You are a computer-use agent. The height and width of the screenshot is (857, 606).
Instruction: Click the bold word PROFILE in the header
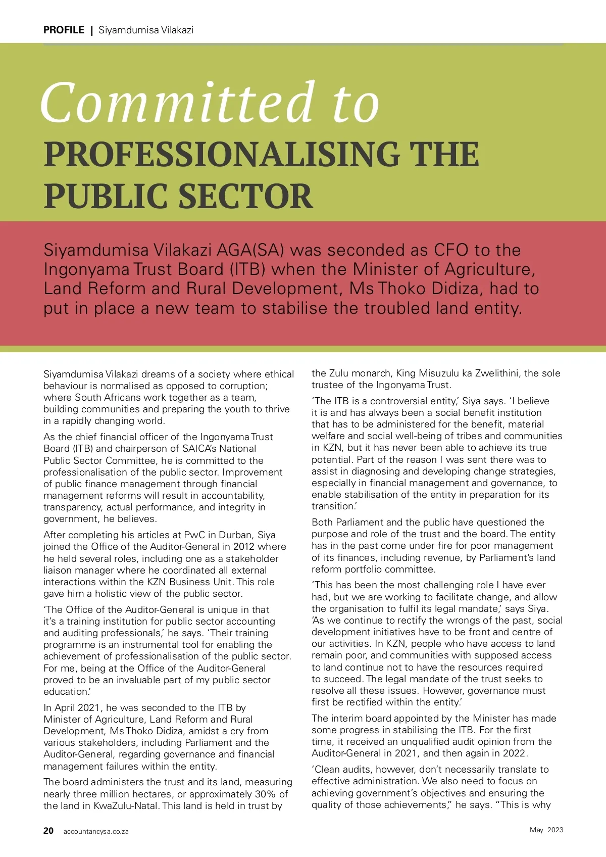click(64, 30)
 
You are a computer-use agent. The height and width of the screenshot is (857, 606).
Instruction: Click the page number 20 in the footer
click(48, 831)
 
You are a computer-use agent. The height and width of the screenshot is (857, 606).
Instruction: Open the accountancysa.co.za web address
click(96, 832)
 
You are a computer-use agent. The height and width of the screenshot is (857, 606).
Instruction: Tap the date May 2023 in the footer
click(546, 830)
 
